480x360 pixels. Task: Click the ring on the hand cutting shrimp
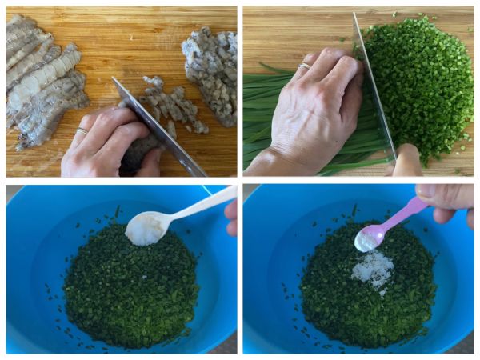click(82, 130)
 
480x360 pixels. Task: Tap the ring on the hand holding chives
click(304, 66)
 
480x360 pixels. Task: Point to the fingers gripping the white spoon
click(231, 217)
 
